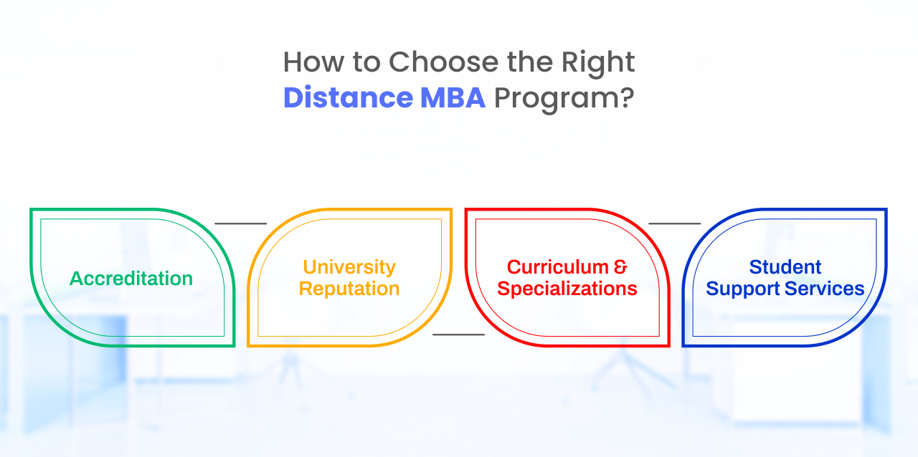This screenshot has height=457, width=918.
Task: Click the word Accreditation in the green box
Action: click(x=131, y=279)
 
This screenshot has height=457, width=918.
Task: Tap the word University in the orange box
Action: click(x=349, y=268)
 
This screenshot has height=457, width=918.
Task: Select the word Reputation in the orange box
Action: click(x=349, y=289)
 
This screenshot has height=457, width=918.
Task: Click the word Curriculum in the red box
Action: click(x=558, y=267)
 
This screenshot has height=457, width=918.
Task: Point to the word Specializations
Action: click(x=567, y=289)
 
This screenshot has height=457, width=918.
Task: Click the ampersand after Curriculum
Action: click(x=620, y=267)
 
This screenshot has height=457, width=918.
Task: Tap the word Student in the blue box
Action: click(x=785, y=267)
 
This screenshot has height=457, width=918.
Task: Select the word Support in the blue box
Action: click(x=743, y=289)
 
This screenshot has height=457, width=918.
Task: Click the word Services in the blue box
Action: click(x=825, y=289)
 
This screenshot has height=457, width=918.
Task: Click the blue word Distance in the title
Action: click(x=348, y=97)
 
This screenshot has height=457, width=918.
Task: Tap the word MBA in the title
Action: click(x=453, y=97)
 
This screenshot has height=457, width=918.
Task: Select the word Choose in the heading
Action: click(x=443, y=62)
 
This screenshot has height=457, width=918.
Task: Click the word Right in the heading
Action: click(x=598, y=64)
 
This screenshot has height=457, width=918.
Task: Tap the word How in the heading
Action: click(x=313, y=62)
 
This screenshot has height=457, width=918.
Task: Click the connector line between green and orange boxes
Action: click(x=241, y=223)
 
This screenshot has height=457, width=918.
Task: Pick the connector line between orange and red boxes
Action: click(x=458, y=335)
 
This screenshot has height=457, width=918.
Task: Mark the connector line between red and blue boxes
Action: click(x=675, y=223)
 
